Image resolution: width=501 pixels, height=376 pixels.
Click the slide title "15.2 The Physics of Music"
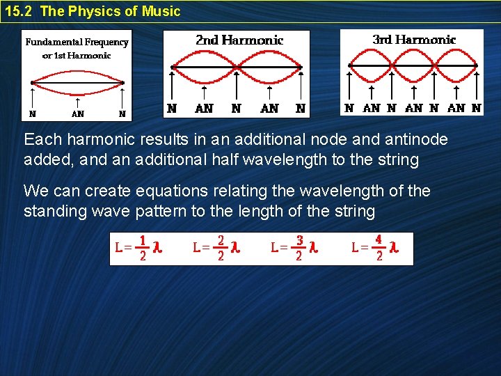click(x=93, y=11)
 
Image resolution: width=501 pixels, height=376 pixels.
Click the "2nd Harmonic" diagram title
click(x=239, y=40)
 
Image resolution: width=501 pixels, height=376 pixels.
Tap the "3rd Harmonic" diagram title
click(x=414, y=40)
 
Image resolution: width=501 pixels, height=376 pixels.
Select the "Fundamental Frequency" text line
click(x=77, y=42)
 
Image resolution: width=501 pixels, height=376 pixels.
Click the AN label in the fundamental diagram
click(x=77, y=114)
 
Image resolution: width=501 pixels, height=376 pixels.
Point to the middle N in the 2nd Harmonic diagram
click(x=236, y=108)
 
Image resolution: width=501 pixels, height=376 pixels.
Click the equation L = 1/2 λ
click(x=138, y=248)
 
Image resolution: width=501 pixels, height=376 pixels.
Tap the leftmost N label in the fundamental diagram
click(x=33, y=114)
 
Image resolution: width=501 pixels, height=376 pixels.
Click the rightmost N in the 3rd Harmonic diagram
click(x=476, y=108)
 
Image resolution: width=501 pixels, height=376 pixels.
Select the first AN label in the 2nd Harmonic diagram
click(x=204, y=108)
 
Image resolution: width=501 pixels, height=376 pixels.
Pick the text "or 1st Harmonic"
click(x=77, y=56)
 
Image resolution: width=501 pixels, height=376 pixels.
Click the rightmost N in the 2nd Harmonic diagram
click(x=300, y=108)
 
